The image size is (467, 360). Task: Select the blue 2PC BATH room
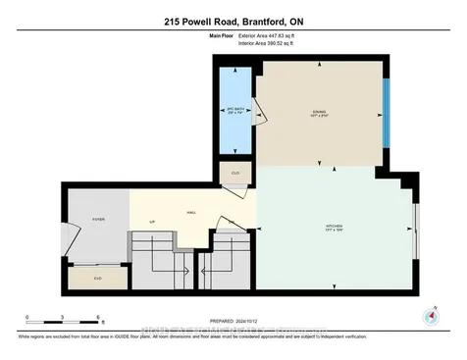click(234, 112)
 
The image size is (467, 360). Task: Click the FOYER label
click(98, 220)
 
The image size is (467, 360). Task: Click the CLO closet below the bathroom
click(235, 174)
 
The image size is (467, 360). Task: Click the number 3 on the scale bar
click(63, 317)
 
